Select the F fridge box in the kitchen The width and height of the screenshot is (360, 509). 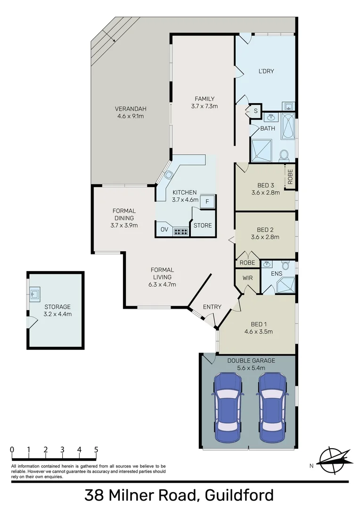point(208,202)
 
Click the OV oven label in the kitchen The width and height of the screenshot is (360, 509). point(164,230)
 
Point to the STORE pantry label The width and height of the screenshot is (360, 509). point(203,225)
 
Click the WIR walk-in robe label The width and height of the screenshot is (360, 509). point(248,278)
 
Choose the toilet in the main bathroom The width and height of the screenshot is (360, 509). point(284,154)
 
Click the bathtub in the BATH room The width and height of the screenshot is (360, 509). point(288,126)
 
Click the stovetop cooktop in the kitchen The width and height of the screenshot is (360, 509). point(181,231)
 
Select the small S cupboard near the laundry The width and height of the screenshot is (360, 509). point(255,111)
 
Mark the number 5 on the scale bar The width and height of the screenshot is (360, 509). point(96,450)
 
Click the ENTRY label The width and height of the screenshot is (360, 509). point(212,307)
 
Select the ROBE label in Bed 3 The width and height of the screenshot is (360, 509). point(290,176)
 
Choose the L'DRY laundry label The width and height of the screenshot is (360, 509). point(266,71)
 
